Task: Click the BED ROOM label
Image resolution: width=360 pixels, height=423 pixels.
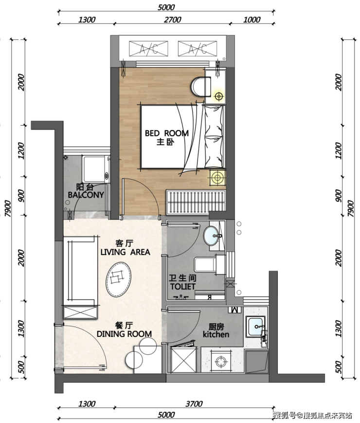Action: [167, 133]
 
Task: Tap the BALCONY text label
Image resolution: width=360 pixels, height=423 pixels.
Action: [86, 195]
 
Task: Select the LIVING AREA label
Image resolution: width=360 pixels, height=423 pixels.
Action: [125, 252]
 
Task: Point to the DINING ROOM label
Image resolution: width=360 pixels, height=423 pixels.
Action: [124, 334]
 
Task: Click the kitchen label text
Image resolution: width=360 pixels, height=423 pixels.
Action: [216, 334]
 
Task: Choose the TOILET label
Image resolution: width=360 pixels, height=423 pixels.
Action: [182, 287]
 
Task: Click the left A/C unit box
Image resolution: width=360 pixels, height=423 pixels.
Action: [148, 49]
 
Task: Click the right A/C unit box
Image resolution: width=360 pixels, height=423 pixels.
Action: [198, 49]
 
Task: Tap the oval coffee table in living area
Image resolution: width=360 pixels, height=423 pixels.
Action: [119, 279]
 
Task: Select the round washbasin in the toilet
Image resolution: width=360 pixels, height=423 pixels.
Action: [212, 236]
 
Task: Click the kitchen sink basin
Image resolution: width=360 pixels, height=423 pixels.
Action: [255, 327]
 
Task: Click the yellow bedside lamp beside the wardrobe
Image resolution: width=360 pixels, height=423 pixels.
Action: [217, 178]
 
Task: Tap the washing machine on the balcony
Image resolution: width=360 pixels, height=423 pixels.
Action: [96, 169]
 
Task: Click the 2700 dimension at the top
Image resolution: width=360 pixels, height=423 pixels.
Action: [172, 19]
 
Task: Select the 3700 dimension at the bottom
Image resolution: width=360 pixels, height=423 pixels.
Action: [194, 404]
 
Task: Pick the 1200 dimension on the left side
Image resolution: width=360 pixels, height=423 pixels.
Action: [21, 150]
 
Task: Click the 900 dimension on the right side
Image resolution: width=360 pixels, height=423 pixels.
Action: [338, 196]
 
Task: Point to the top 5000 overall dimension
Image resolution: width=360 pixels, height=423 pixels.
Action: [166, 7]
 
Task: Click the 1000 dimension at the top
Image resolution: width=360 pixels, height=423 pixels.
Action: [252, 19]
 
